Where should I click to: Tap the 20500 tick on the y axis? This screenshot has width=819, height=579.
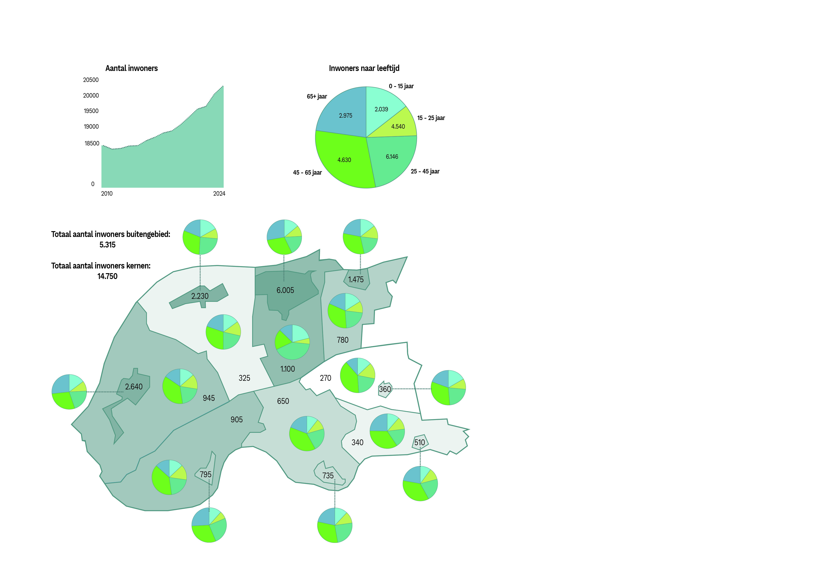(x=91, y=80)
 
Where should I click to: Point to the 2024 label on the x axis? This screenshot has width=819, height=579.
(x=219, y=194)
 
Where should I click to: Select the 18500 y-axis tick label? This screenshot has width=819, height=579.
(x=92, y=143)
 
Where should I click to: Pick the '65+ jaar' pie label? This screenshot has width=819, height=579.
(x=317, y=96)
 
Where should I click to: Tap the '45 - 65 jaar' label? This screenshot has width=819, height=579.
(x=307, y=173)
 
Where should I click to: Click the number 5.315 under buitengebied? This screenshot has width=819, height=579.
(x=107, y=245)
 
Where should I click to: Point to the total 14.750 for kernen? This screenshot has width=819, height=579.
(x=107, y=276)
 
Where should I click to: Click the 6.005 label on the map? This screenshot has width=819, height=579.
(x=285, y=290)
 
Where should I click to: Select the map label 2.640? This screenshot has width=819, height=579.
(x=134, y=387)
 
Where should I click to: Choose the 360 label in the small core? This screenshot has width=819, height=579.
(x=385, y=389)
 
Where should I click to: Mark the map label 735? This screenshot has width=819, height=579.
(x=328, y=476)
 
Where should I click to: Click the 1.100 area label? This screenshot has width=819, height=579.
(x=287, y=369)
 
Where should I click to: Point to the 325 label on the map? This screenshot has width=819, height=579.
(x=244, y=378)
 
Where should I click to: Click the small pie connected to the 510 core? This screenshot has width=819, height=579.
(x=420, y=483)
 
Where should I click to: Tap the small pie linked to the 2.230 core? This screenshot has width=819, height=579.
(x=200, y=237)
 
